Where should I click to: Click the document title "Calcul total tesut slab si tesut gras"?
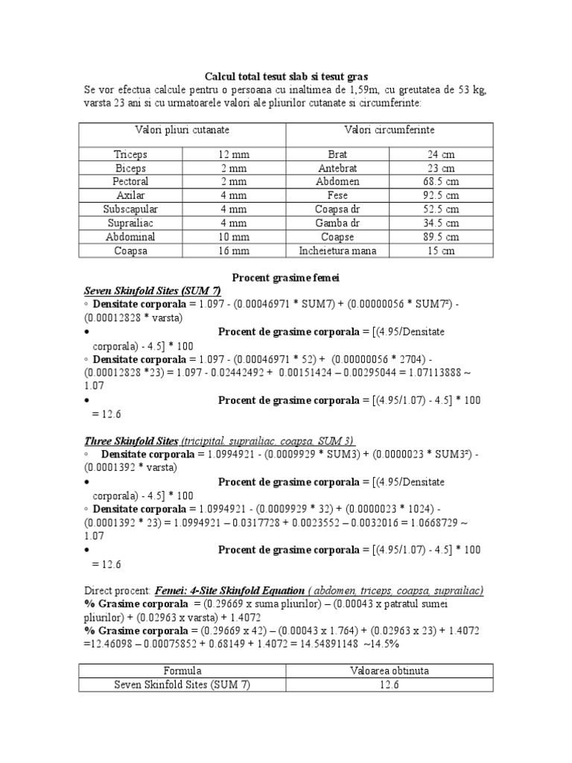point(286,76)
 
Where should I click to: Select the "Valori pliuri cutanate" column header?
point(182,130)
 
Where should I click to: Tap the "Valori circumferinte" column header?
point(389,130)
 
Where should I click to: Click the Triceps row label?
point(130,154)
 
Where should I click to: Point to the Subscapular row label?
point(130,209)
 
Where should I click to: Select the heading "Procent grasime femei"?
point(286,277)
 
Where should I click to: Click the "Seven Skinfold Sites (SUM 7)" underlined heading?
point(153,291)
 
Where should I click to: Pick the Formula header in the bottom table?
point(182,671)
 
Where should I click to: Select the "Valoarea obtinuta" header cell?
point(389,671)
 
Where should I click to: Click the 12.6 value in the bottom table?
point(389,684)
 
